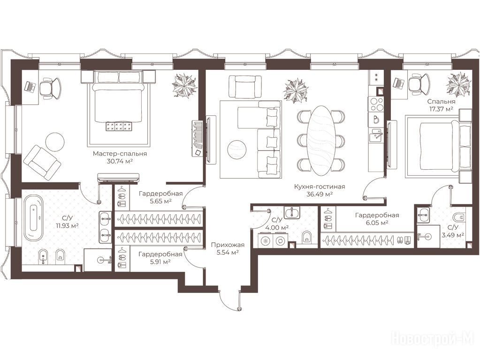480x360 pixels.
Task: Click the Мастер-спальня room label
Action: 120,154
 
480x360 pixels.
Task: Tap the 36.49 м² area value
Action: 319,194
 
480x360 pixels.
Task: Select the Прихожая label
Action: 228,245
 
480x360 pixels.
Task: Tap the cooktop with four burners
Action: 376,104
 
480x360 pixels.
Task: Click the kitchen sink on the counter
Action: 376,135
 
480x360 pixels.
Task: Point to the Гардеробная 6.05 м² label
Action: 377,219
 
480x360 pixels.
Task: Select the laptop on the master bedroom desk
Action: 30,86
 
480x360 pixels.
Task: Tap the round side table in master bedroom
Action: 55,141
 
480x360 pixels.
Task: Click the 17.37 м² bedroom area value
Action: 441,108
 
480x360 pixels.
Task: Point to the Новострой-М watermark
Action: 433,339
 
